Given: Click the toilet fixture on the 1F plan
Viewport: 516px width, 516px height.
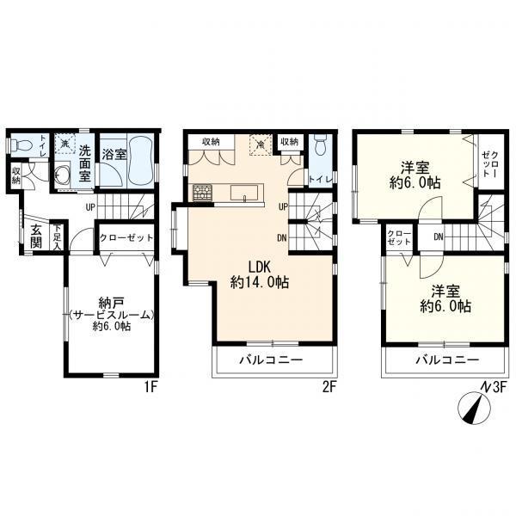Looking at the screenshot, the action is point(21,144).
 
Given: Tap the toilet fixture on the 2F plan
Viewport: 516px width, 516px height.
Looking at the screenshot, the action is point(319,145).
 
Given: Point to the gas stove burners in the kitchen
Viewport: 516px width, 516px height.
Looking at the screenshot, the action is point(203,193).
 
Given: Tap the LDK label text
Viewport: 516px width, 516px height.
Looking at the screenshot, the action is point(260,267).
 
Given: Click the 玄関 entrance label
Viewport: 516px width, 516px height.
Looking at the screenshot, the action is point(36,236).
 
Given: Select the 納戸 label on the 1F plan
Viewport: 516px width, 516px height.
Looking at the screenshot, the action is point(111,302).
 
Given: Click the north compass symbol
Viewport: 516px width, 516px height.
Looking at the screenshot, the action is point(474,408).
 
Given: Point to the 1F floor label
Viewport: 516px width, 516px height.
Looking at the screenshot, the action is point(151,387).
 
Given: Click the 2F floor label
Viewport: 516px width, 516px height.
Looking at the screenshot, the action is point(329,387).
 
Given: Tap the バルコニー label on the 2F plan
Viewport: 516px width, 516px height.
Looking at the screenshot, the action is point(271,359).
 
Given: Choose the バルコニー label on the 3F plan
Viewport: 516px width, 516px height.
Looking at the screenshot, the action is point(447,359).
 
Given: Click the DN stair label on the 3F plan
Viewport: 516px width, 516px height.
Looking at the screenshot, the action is point(438,236).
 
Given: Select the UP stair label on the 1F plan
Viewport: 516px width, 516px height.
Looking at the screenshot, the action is point(90,207).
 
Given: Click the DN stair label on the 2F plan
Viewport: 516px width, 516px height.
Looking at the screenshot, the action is point(282,237).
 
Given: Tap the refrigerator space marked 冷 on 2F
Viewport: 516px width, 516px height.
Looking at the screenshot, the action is point(261,144).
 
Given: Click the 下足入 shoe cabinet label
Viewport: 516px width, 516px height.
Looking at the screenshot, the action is point(58,237).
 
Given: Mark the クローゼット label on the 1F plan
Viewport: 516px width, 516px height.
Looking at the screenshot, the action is point(126,237).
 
